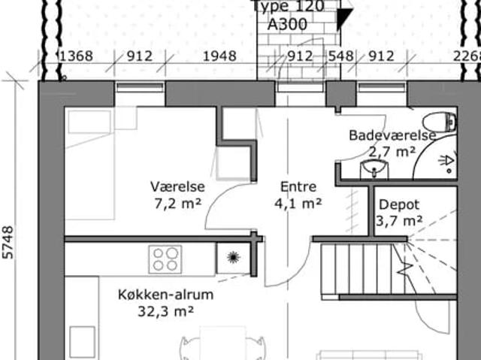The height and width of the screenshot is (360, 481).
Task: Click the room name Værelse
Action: click(x=177, y=187)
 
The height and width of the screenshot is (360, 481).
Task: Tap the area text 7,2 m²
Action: click(x=177, y=202)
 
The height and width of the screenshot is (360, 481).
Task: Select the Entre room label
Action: click(x=298, y=187)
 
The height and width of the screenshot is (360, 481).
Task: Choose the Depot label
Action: click(x=400, y=204)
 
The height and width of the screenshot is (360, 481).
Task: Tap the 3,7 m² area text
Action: click(x=398, y=220)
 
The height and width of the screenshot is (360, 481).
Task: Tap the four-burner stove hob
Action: click(x=165, y=259)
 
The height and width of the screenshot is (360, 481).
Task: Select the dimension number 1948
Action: click(x=219, y=56)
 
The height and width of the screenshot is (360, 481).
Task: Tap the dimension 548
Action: click(x=340, y=56)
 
